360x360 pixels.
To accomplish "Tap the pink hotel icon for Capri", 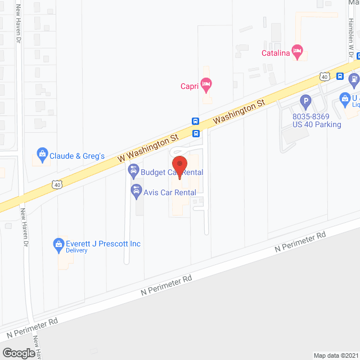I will pos(207,85).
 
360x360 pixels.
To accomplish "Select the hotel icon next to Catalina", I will pos(298,53).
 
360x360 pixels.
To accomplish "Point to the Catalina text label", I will pos(276,54).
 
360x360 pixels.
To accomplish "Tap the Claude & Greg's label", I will pos(78,156).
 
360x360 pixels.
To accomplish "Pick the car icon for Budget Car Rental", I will pos(134,169).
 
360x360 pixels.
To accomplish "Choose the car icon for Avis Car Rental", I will pos(136,191).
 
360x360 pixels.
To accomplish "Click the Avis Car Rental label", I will pos(170,192).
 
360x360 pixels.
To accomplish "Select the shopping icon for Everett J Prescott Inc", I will pos(57,244).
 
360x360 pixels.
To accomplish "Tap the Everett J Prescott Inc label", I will pos(103,244).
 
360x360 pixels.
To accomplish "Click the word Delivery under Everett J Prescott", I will pos(77,251).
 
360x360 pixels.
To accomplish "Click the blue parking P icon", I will pos(305,103).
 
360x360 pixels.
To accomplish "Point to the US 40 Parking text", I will pos(317,124).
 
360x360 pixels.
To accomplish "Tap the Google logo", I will pos(19,353).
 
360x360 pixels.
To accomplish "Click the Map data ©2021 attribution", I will pos(336,355).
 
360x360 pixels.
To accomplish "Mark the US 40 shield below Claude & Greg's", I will pos(57,184).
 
